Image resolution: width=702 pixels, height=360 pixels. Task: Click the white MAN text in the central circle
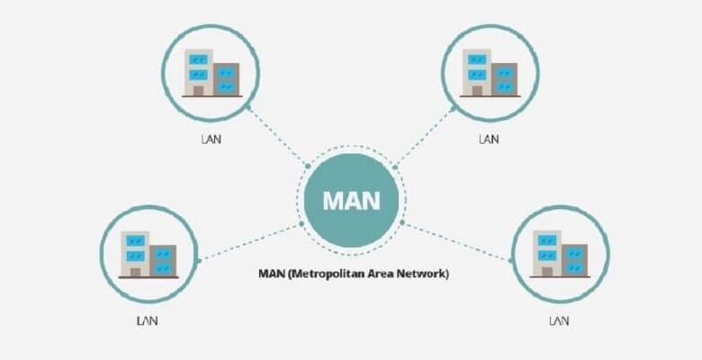coord(351,201)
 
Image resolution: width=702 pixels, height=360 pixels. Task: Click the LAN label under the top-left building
coord(211,139)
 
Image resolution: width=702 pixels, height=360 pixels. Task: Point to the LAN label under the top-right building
coord(489,139)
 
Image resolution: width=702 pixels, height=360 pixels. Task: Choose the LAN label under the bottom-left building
coord(148,321)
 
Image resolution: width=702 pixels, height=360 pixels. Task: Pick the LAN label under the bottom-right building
coord(559,321)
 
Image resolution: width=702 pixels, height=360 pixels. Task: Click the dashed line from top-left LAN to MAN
coord(277,137)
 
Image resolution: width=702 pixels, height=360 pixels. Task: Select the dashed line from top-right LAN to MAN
coord(425,137)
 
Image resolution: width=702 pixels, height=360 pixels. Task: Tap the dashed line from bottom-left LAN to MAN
coord(249,242)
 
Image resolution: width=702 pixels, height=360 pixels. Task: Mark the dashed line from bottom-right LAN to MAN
coord(457,242)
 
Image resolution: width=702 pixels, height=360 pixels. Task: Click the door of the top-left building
coord(198,91)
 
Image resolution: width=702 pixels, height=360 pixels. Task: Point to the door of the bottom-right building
coord(547,272)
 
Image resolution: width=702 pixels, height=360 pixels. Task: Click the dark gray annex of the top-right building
coord(504,79)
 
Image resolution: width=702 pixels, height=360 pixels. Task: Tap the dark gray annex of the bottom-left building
coord(163,261)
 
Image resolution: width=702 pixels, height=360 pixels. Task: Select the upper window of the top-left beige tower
coord(198,59)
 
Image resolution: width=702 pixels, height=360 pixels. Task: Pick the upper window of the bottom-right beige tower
coord(547,240)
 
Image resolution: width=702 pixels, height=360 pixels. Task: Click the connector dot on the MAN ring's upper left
coord(308,166)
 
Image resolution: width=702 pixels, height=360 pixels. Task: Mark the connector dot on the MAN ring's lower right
coord(402,222)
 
